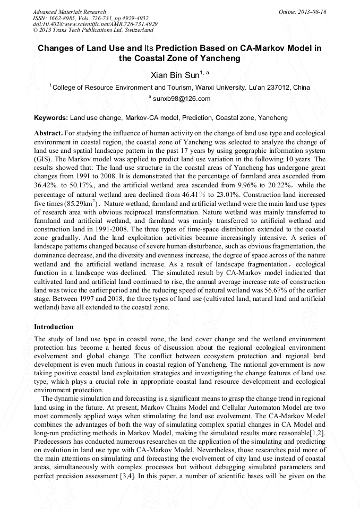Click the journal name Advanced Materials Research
click(x=69, y=12)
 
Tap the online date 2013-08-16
click(x=313, y=12)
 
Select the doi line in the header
click(x=95, y=24)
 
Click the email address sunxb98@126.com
click(x=182, y=99)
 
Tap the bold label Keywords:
click(x=51, y=117)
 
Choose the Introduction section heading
click(x=54, y=326)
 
